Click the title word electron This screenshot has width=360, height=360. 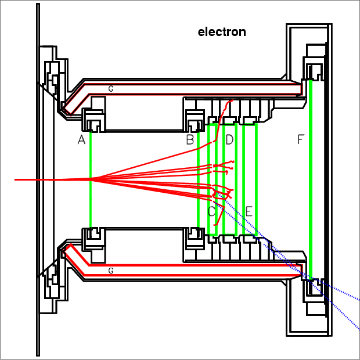222,32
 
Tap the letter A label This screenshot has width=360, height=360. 81,140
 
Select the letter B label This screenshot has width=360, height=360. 190,140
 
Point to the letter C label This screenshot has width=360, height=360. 212,211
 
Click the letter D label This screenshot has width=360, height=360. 229,140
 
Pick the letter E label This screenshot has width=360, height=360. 249,211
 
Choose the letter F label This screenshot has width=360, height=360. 300,140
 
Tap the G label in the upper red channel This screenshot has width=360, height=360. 110,89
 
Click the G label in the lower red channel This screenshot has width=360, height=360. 110,271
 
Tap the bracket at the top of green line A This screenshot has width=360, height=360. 93,121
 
